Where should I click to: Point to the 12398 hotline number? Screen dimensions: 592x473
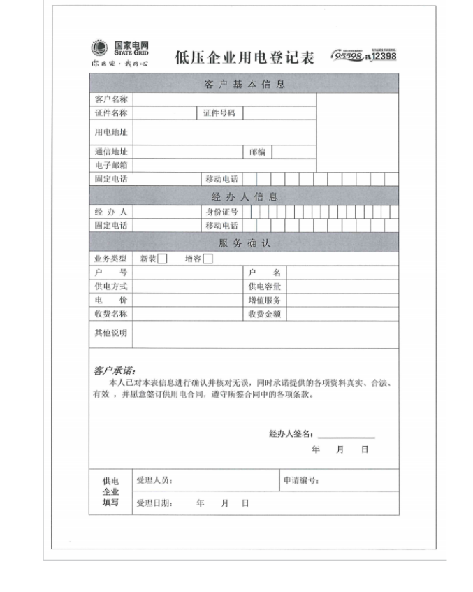tap(384, 56)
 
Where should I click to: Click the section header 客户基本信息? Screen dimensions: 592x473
tap(245, 85)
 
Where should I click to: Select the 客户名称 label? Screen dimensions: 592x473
tap(111, 100)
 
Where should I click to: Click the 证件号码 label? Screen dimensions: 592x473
tap(219, 113)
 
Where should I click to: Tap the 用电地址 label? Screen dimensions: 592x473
tap(111, 132)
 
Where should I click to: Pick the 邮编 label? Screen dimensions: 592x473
tap(257, 152)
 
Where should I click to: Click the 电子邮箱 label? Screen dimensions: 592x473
tap(111, 166)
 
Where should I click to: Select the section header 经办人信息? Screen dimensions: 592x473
tap(245, 197)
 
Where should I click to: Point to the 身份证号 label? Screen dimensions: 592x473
tap(221, 212)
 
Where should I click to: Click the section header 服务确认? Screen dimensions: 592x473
tap(245, 243)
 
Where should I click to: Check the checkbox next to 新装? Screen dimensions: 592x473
tap(162, 259)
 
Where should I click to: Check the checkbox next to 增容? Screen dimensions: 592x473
tap(208, 259)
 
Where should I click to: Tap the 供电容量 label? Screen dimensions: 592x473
tap(265, 287)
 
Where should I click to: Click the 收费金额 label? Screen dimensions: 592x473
tap(265, 315)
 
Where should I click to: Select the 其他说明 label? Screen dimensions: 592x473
tap(111, 333)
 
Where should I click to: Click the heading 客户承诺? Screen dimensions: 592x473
tap(115, 370)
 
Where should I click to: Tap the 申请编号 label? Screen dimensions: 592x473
tap(301, 481)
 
